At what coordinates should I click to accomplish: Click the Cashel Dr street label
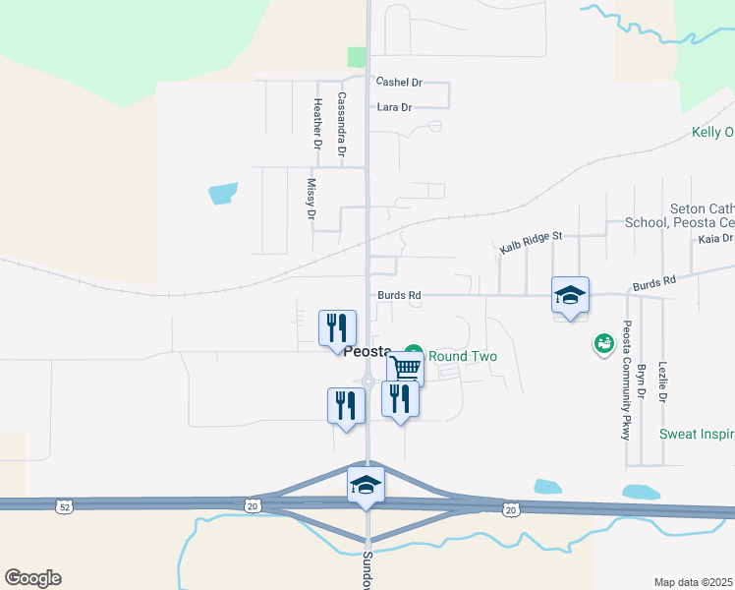(x=399, y=83)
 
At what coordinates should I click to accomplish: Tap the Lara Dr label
(x=394, y=107)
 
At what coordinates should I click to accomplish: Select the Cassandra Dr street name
(x=342, y=125)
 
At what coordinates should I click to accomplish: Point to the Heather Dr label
(x=317, y=124)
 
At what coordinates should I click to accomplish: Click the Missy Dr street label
(x=311, y=199)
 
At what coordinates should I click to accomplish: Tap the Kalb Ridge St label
(x=530, y=242)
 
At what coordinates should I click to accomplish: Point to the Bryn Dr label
(x=641, y=382)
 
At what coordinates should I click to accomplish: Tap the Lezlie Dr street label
(x=664, y=382)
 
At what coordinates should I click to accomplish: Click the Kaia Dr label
(x=714, y=239)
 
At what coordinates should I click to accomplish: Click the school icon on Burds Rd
(x=570, y=295)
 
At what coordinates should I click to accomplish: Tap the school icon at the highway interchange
(x=366, y=485)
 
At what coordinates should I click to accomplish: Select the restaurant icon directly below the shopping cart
(x=400, y=398)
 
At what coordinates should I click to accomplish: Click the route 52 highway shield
(x=65, y=505)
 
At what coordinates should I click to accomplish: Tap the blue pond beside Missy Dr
(x=223, y=193)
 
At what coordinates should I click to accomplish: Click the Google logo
(x=32, y=578)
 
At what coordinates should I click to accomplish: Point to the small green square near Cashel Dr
(x=356, y=57)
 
